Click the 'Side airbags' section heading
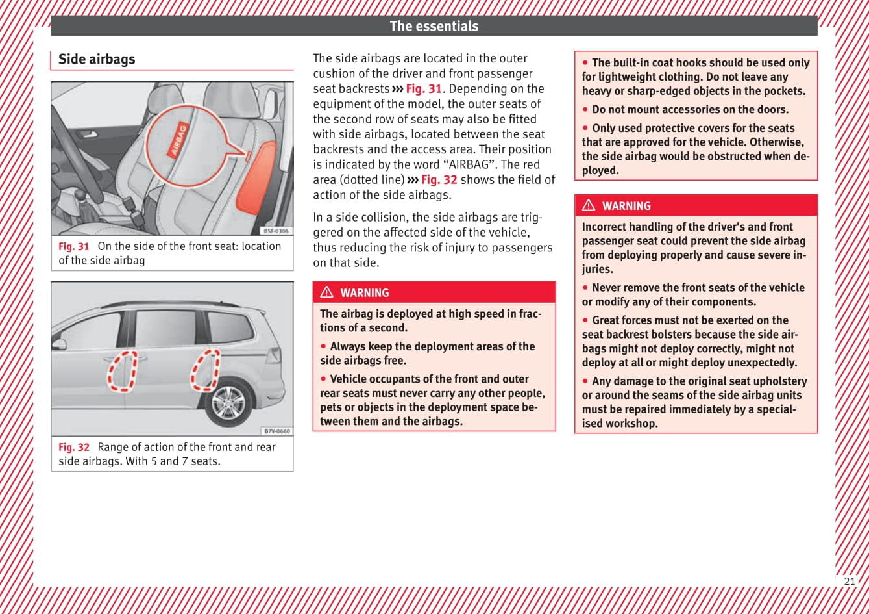click(97, 59)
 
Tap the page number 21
click(850, 582)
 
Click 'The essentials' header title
click(434, 27)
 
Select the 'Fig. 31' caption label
click(73, 246)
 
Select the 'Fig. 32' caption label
click(73, 447)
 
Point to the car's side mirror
click(59, 344)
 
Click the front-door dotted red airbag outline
click(122, 372)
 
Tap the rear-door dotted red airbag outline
click(205, 370)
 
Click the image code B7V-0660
click(276, 431)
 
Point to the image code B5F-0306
click(276, 231)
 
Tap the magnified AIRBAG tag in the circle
click(178, 140)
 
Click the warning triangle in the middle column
click(327, 292)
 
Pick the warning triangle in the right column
click(589, 205)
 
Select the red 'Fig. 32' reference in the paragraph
click(439, 179)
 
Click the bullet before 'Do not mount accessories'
click(585, 110)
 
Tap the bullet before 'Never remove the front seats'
click(585, 288)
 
